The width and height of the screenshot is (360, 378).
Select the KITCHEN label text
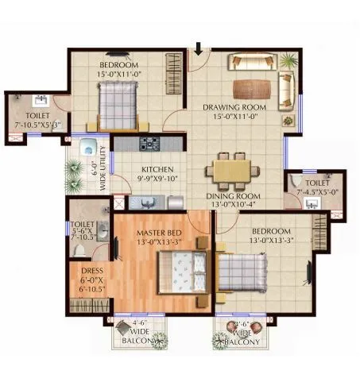tap(157, 170)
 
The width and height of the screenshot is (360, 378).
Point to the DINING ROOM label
tap(233, 195)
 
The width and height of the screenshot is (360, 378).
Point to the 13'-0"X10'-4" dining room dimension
tap(233, 206)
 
